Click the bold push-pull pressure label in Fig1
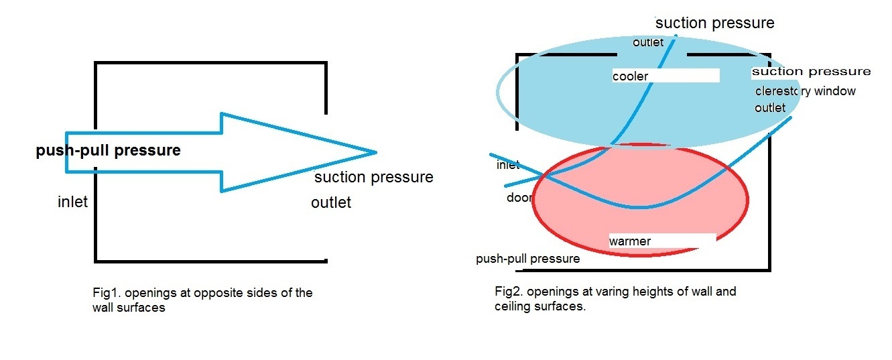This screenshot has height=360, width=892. [108, 150]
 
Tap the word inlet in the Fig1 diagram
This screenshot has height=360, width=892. [72, 202]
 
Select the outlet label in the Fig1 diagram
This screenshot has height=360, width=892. [331, 202]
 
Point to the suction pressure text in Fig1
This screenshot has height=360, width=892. [373, 177]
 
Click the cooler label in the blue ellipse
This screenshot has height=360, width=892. [630, 76]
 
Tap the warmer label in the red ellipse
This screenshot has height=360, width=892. [629, 241]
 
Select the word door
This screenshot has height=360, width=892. [519, 198]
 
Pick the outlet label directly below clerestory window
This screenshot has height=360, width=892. [770, 107]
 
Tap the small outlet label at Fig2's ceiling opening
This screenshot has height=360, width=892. [648, 43]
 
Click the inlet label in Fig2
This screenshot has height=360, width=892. [508, 165]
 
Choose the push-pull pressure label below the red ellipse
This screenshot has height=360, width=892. [527, 259]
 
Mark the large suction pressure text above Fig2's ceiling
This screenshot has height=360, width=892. [714, 23]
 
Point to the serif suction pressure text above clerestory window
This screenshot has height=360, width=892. [811, 71]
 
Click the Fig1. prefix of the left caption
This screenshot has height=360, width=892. [106, 293]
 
